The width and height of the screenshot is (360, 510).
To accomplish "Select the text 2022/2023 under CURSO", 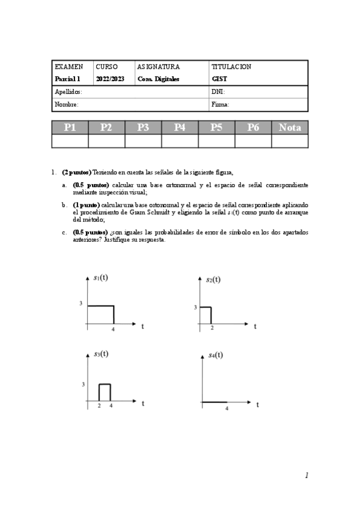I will (x=109, y=79).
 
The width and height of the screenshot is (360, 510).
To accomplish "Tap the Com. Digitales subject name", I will (x=158, y=79).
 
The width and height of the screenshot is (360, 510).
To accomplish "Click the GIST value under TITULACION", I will (x=219, y=79).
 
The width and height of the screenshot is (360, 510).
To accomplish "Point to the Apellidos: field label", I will (x=69, y=92).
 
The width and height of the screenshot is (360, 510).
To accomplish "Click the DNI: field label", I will (x=218, y=92).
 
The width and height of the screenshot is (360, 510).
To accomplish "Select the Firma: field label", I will (x=221, y=104).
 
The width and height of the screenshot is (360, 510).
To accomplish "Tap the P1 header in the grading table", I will (x=70, y=127).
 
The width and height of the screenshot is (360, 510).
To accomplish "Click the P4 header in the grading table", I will (x=180, y=127).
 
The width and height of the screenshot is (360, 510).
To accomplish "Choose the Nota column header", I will (x=290, y=127).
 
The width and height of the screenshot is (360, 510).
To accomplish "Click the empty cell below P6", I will (x=253, y=141).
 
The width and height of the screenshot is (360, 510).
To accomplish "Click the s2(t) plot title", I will (x=213, y=279).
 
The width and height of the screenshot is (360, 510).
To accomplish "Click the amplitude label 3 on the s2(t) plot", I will (x=195, y=307).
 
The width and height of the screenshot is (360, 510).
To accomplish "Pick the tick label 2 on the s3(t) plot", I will (x=99, y=406).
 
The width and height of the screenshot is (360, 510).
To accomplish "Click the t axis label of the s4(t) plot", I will (x=257, y=405).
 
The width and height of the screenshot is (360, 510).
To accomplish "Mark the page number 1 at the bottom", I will (x=307, y=475).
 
